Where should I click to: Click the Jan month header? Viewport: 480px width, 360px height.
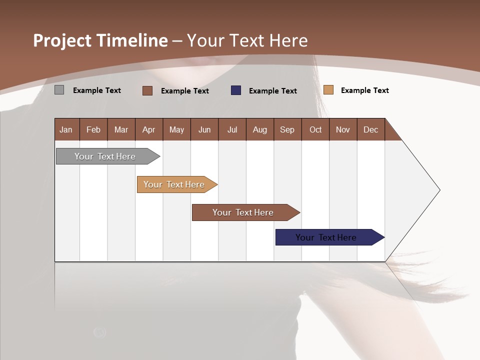66,129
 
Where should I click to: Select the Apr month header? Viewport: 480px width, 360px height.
149,129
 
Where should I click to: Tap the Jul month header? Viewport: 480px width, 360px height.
232,129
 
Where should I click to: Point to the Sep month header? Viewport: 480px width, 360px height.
287,129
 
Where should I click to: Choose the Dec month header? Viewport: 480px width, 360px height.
370,129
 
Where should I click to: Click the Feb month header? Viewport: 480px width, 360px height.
93,129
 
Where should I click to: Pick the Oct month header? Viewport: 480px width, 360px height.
315,129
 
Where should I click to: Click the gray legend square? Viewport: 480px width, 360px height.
59,90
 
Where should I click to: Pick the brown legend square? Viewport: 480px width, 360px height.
147,90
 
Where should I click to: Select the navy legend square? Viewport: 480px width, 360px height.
236,90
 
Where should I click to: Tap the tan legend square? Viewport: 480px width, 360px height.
328,90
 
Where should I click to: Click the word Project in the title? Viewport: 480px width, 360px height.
62,40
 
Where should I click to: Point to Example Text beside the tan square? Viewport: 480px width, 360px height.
364,90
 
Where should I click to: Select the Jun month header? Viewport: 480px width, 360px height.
204,129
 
